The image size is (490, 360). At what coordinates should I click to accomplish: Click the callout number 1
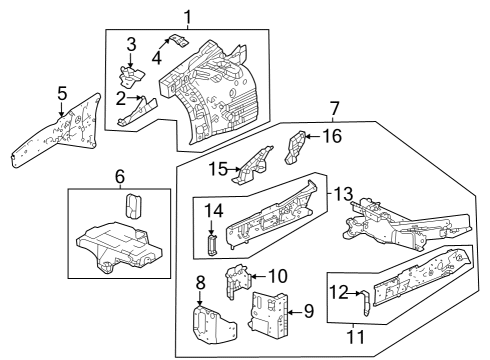pos(188,18)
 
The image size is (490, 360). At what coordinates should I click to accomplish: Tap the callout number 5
pos(62,93)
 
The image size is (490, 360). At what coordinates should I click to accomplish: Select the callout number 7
pos(334,109)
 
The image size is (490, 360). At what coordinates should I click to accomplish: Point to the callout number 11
pos(355,337)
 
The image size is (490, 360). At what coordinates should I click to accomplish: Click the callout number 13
pos(343,194)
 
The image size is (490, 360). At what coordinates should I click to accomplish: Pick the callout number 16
pos(332,136)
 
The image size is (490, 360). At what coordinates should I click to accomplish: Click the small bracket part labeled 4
pos(180,40)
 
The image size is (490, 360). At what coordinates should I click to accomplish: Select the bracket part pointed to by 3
pos(132,76)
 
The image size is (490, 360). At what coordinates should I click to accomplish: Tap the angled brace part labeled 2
pos(137,112)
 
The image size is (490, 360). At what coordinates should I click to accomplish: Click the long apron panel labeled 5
pos(57,131)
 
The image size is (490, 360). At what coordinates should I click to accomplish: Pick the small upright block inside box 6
pos(133,207)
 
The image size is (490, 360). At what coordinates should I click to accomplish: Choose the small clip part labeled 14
pos(212,244)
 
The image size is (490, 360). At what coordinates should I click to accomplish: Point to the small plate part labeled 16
pos(295,147)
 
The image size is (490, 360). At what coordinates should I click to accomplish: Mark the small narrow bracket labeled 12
pos(366,303)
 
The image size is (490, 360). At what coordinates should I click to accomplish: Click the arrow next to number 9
pos(294,312)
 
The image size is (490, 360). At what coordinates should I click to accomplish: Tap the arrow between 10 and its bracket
pos(258,276)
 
